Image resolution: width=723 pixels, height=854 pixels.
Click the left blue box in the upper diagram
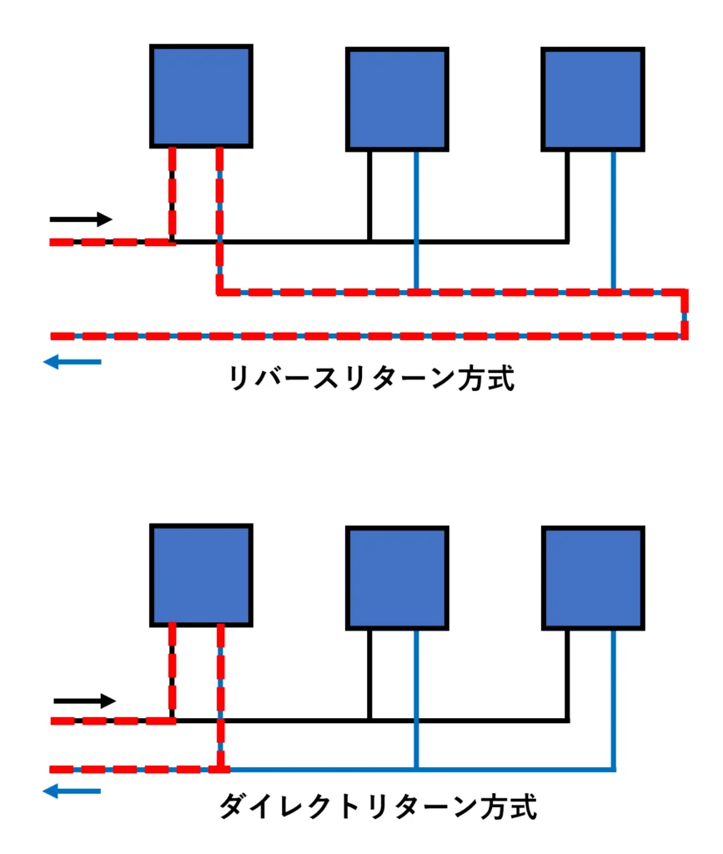click(202, 97)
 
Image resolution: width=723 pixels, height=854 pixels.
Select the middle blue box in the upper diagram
click(398, 99)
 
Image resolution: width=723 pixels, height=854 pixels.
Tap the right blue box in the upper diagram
click(594, 99)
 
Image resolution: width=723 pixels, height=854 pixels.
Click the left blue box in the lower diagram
click(202, 575)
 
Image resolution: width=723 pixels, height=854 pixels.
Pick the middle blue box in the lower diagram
click(398, 579)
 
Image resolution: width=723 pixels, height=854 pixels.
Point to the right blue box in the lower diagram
click(594, 579)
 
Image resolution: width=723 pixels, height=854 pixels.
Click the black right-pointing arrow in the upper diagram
click(81, 219)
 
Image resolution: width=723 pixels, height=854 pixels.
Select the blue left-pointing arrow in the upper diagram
click(73, 362)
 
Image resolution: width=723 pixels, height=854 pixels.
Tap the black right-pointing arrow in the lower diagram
click(85, 701)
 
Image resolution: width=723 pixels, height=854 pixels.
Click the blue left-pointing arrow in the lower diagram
click(72, 791)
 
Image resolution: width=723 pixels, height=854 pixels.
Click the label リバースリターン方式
click(371, 378)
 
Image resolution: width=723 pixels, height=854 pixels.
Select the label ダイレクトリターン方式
click(378, 806)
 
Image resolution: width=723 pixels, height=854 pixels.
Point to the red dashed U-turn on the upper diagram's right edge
click(685, 314)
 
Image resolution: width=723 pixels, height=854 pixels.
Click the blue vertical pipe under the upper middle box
click(416, 220)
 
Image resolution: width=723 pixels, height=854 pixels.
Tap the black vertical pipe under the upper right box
click(567, 196)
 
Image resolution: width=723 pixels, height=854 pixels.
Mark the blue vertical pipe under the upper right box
click(614, 220)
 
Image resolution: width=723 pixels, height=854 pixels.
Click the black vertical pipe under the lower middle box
click(369, 676)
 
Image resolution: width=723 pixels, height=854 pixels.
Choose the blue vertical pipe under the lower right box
click(614, 701)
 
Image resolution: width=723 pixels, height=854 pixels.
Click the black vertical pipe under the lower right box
click(567, 676)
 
